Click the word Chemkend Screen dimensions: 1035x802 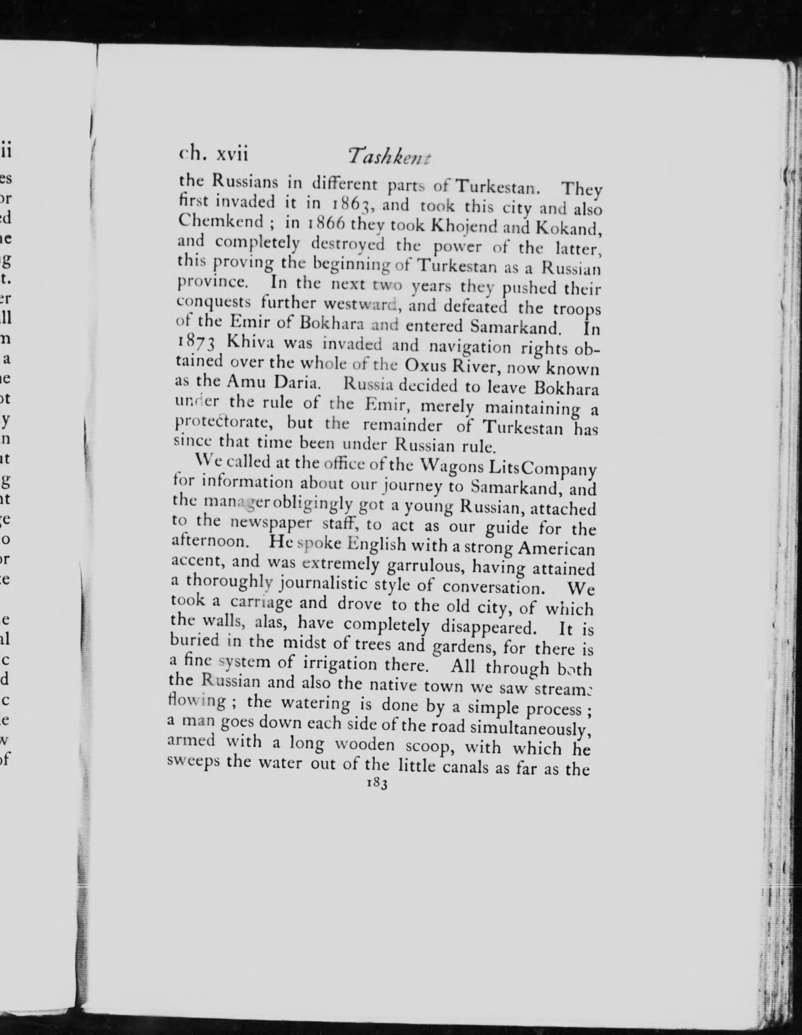pyautogui.click(x=220, y=222)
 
